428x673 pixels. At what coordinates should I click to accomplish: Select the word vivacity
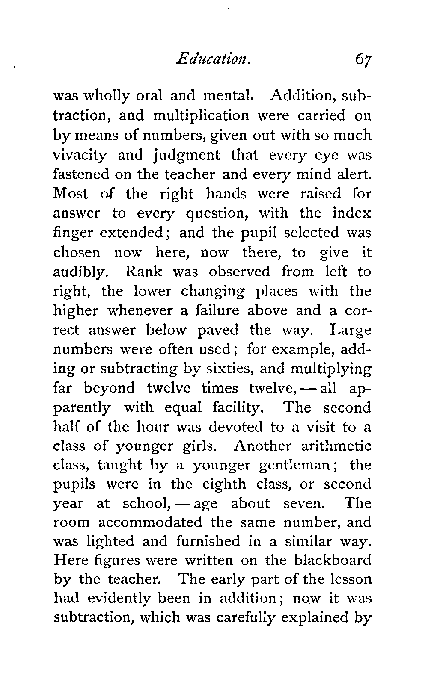pos(80,155)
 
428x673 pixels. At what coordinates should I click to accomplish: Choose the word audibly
pos(78,272)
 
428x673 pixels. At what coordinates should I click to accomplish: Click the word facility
pos(237,407)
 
